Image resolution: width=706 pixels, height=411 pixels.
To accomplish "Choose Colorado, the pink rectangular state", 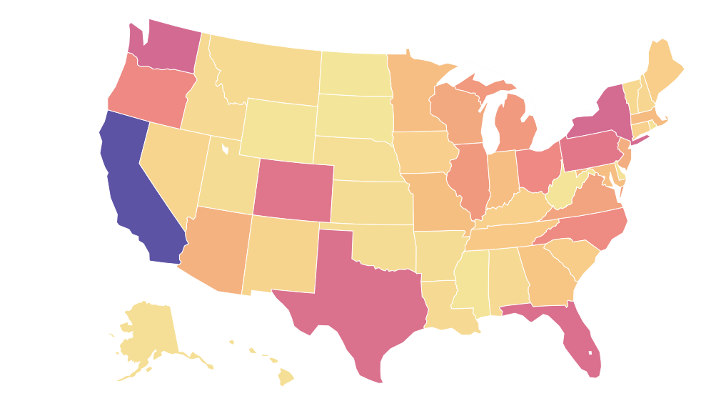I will click(x=293, y=189).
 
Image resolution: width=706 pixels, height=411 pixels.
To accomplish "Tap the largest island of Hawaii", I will click(x=286, y=376).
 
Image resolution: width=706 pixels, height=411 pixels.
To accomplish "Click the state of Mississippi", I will click(x=471, y=283).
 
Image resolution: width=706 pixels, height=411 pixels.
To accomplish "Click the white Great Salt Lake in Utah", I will click(x=225, y=149).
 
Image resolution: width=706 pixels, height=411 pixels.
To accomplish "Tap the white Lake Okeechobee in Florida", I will click(x=590, y=352).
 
